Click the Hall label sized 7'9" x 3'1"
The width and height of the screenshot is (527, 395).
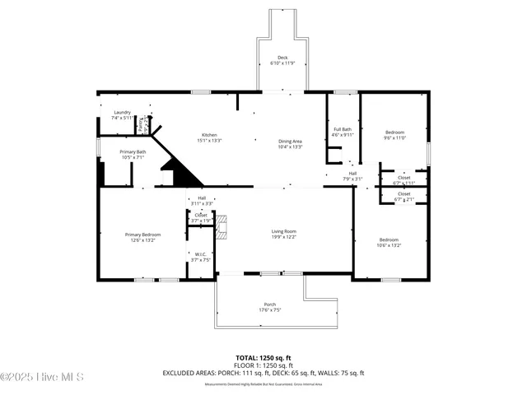(x=352, y=175)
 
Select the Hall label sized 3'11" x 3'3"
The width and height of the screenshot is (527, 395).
(x=201, y=200)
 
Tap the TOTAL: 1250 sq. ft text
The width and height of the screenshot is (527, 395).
(x=263, y=357)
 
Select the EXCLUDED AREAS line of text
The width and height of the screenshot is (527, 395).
(x=263, y=373)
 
